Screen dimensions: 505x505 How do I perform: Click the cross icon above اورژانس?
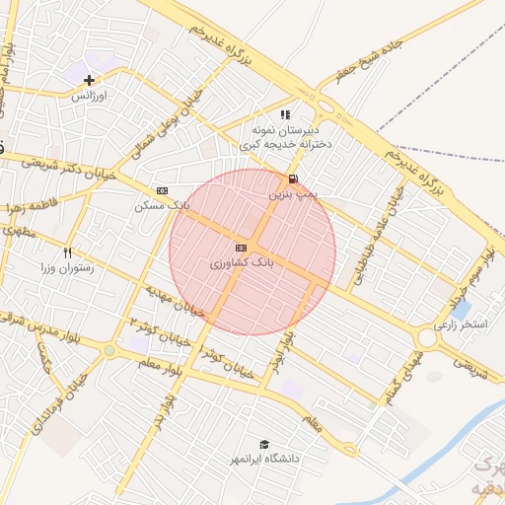coord(89,80)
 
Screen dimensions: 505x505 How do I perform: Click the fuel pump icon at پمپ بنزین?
coord(292,179)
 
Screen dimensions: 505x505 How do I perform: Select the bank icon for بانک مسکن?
coord(163,190)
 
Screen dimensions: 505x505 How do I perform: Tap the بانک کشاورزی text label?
coord(241,264)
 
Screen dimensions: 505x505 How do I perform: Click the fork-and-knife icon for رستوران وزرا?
coord(67,252)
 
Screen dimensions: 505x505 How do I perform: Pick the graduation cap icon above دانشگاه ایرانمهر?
coord(263,444)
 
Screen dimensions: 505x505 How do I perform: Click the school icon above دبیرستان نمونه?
coord(285,114)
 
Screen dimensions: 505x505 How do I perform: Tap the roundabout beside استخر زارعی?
coord(427,338)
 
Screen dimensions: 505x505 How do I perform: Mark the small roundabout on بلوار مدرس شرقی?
coord(108,350)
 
